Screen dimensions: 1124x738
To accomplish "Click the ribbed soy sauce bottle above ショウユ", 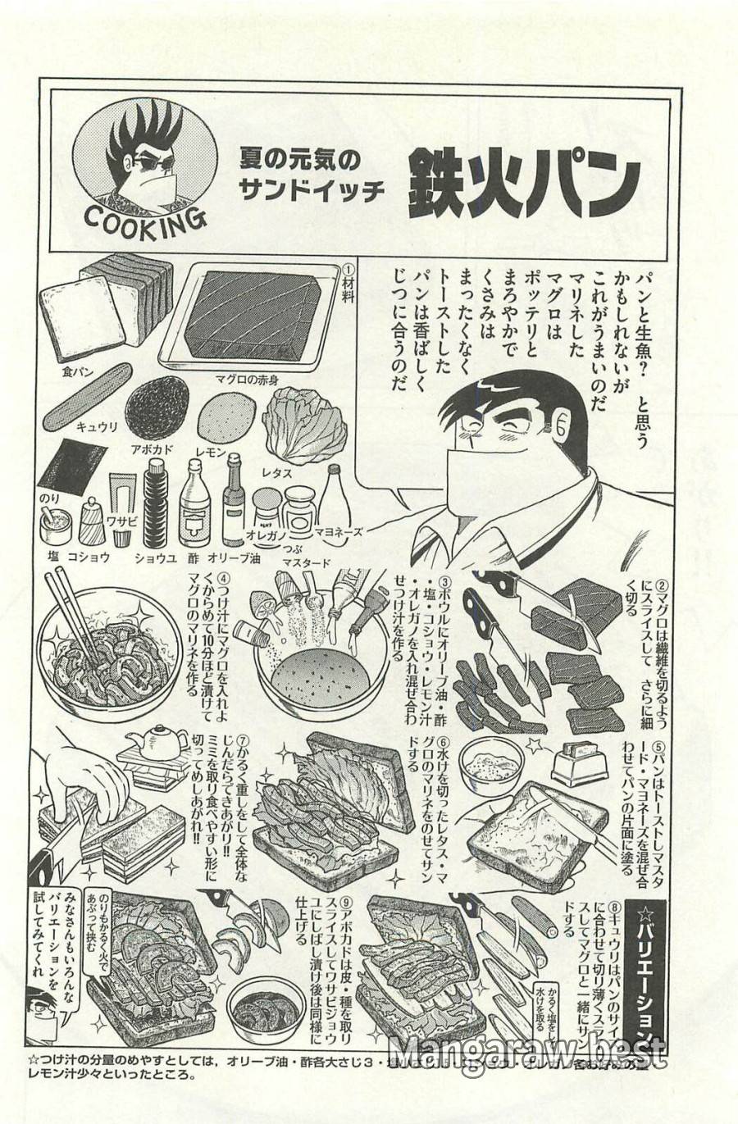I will pos(156,503).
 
